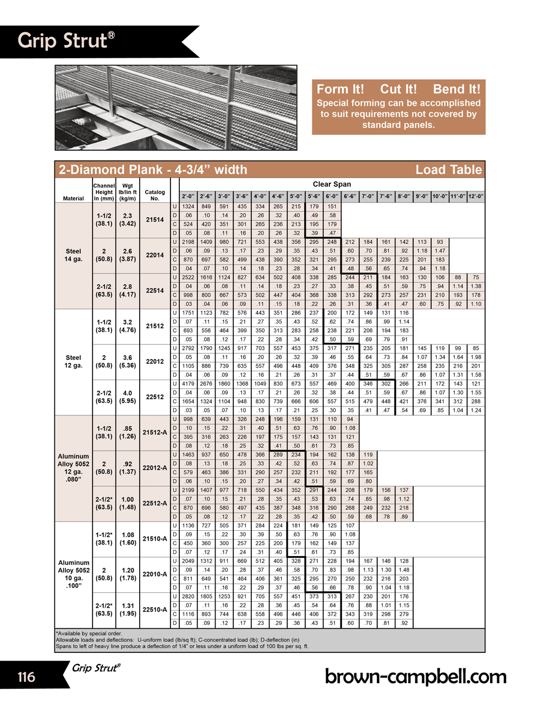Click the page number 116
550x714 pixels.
click(x=26, y=677)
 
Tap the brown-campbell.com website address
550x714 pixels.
click(x=415, y=676)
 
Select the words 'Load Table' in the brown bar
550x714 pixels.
click(x=448, y=169)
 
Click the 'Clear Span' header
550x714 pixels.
click(x=332, y=184)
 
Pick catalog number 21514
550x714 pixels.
click(x=155, y=219)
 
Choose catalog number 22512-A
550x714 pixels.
click(x=155, y=503)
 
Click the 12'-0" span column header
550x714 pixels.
click(x=476, y=196)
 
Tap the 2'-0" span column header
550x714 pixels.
click(x=188, y=196)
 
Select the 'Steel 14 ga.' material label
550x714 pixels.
click(x=73, y=255)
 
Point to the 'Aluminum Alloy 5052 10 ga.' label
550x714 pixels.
click(x=74, y=574)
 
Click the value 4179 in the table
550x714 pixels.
click(x=188, y=384)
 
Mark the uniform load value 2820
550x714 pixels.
click(x=188, y=596)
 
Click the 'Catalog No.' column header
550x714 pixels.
click(x=155, y=195)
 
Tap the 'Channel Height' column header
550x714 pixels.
click(x=104, y=192)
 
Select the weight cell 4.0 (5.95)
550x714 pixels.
click(x=128, y=397)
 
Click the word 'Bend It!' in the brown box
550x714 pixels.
click(x=457, y=89)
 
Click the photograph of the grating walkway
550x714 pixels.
click(x=176, y=107)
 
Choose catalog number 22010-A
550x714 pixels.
click(x=155, y=574)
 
